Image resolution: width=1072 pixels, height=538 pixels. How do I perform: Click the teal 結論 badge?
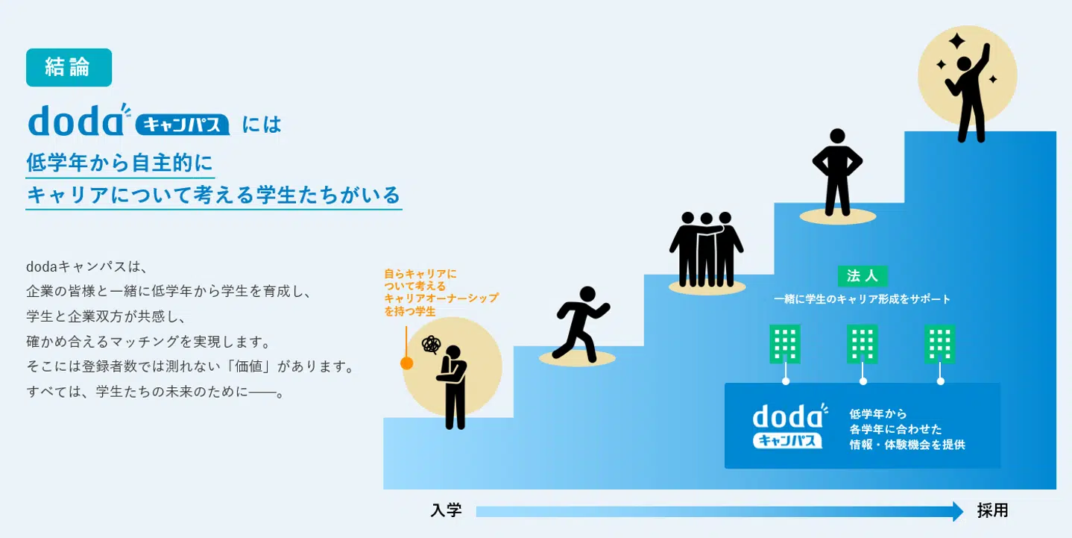click(x=69, y=68)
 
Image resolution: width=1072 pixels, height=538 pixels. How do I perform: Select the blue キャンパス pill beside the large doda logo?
click(x=183, y=125)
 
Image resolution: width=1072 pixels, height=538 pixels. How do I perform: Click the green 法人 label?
click(x=863, y=276)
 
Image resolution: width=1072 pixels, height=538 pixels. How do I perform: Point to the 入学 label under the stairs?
click(x=446, y=510)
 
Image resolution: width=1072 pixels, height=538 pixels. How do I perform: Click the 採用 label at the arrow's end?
click(x=992, y=510)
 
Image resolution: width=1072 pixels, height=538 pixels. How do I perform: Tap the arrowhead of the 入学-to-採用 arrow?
click(x=958, y=512)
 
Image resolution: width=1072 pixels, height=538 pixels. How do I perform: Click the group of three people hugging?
click(x=707, y=249)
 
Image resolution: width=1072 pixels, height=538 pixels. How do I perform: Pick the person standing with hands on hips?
click(x=837, y=172)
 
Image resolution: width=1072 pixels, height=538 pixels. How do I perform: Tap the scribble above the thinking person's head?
click(x=431, y=345)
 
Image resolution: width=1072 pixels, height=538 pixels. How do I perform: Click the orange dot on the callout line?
click(x=407, y=363)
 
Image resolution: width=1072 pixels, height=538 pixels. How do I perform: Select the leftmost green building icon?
click(x=785, y=344)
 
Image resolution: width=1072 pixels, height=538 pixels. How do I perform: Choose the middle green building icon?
click(x=863, y=344)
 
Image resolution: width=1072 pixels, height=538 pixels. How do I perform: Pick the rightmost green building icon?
click(x=940, y=344)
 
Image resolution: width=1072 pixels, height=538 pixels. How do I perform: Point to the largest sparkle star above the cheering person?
click(x=957, y=41)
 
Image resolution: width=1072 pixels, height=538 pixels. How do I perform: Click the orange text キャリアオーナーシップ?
click(x=441, y=298)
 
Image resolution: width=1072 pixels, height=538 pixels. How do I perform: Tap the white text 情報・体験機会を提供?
click(x=907, y=445)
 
